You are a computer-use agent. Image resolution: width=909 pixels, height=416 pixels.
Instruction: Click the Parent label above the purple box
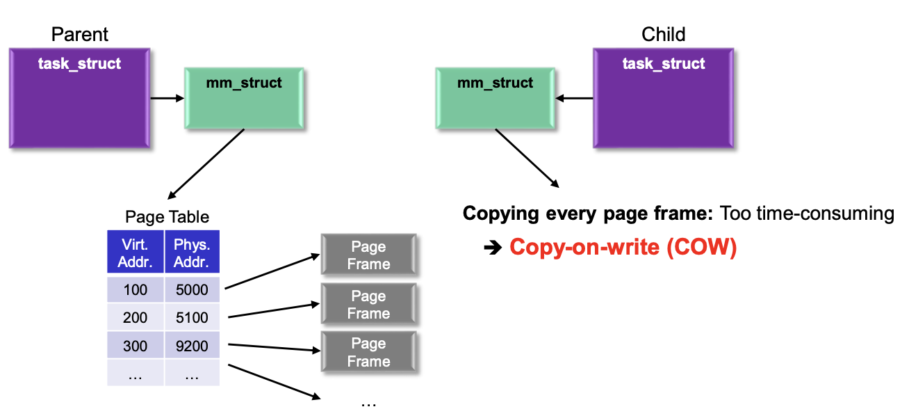pos(80,34)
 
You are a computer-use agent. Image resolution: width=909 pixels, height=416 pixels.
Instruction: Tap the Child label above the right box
pos(663,34)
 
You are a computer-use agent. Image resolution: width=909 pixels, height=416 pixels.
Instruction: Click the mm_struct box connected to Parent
pos(244,98)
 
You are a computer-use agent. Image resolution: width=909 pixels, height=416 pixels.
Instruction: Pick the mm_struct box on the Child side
pos(495,98)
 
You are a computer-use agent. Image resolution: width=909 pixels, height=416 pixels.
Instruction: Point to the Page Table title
pos(167,216)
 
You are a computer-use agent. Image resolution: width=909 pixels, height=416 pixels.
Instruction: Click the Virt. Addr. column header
pos(135,252)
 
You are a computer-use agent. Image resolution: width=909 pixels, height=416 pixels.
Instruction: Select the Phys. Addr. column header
pos(192,252)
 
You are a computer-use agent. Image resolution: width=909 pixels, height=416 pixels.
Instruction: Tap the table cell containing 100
pos(135,289)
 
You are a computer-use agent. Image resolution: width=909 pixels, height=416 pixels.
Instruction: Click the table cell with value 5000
pos(192,289)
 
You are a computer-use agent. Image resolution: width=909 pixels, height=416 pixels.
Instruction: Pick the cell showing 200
pos(135,317)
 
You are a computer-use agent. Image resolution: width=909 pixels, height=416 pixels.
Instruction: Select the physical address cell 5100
pos(192,317)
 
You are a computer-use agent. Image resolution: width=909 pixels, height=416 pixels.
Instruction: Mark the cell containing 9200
pos(192,345)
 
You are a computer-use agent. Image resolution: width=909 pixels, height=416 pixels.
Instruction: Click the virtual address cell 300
pos(135,345)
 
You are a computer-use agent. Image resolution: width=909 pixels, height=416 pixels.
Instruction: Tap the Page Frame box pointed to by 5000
pos(368,255)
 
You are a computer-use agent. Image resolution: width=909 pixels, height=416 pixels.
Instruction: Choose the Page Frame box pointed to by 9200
pos(368,352)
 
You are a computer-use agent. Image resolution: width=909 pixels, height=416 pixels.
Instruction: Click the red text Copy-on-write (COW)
pos(623,248)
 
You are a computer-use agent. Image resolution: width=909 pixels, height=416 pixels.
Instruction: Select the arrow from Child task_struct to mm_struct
pos(575,98)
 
